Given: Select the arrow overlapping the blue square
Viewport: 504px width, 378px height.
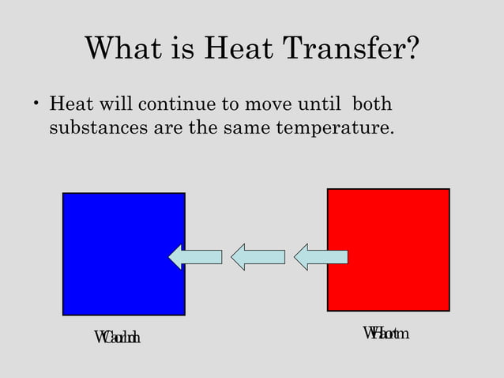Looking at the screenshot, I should pos(195,256).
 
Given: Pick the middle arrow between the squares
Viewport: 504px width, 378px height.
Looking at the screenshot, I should pos(258,256).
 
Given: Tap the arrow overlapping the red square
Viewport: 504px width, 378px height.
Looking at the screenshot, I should pos(320,256).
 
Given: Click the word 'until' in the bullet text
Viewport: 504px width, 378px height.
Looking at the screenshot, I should pos(319,104).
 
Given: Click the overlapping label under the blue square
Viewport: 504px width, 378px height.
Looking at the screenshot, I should pos(117,338).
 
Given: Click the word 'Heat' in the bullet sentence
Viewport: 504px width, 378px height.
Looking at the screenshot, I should pos(68,104).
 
